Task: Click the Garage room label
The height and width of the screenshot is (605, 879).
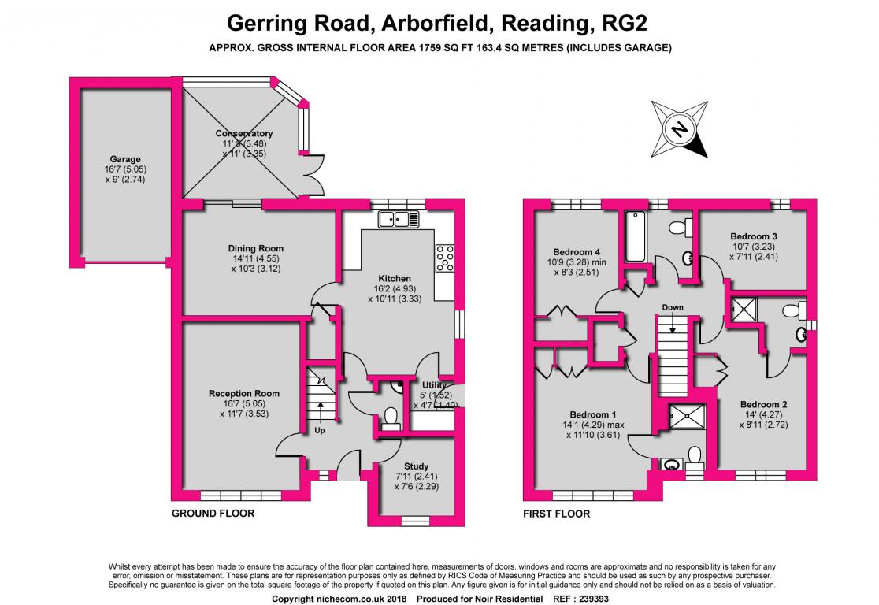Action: (x=125, y=159)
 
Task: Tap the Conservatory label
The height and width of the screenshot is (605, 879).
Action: (x=244, y=133)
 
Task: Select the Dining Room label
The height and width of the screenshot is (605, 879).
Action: (x=256, y=248)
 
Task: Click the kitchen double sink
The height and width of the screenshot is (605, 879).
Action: (x=399, y=219)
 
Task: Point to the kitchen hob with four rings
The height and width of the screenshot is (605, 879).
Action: (x=445, y=258)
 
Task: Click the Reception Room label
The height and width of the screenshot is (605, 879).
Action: (x=244, y=394)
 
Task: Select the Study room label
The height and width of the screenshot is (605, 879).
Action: (x=416, y=466)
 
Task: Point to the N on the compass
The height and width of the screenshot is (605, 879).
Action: (x=680, y=129)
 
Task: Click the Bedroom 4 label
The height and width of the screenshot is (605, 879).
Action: (x=577, y=252)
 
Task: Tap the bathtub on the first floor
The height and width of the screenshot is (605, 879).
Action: (x=636, y=236)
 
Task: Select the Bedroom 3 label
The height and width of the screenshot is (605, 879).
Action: (x=754, y=236)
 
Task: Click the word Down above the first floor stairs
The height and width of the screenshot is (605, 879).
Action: (x=673, y=307)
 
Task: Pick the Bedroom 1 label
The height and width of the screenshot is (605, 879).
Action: (x=593, y=415)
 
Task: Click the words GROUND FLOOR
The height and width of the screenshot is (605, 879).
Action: (x=213, y=513)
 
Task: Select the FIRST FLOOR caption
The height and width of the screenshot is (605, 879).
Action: (x=557, y=514)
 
